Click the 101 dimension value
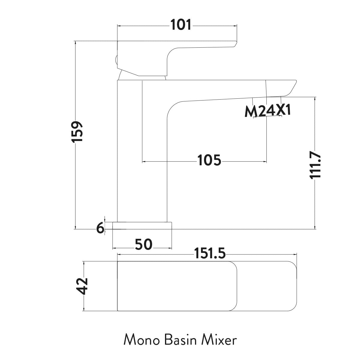(x=181, y=25)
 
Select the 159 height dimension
(x=78, y=132)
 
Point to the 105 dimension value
(x=209, y=160)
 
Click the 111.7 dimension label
(x=315, y=165)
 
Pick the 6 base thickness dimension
(x=100, y=229)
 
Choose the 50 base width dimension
(x=144, y=245)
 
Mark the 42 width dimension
(x=82, y=286)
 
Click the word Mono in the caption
(x=141, y=341)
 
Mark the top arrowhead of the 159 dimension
(x=75, y=42)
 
